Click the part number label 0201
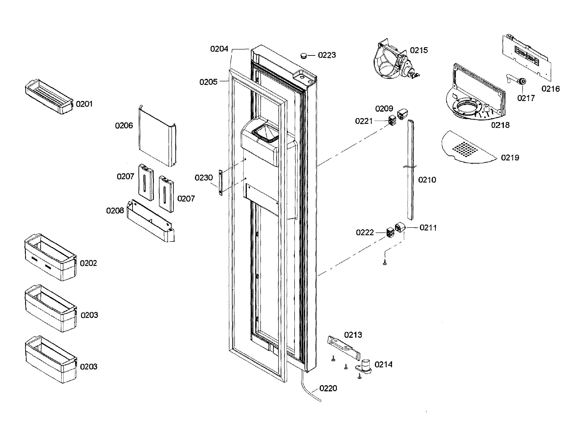[84, 104]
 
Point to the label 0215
[419, 50]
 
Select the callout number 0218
[500, 125]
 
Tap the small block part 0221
[392, 120]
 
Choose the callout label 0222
[364, 232]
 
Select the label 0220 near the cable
[328, 388]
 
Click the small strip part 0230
[221, 182]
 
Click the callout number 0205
[208, 82]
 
